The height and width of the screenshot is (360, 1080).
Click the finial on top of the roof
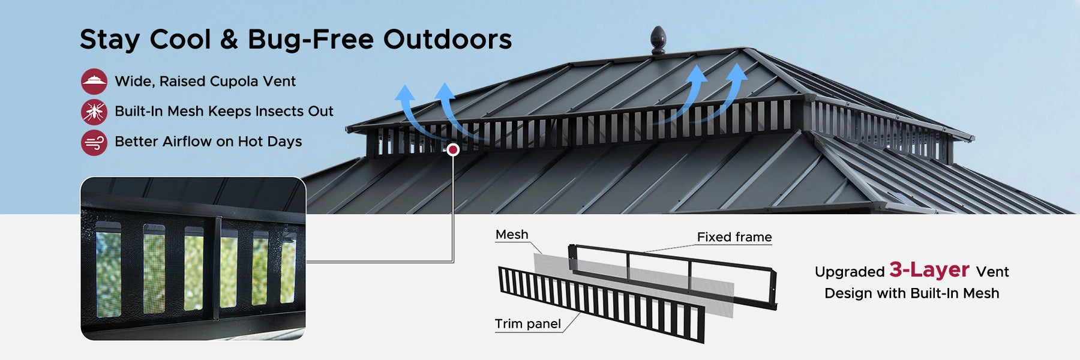click(x=658, y=40)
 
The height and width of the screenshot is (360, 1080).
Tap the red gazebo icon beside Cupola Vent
click(x=94, y=82)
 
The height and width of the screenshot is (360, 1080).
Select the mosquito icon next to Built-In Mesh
click(x=94, y=112)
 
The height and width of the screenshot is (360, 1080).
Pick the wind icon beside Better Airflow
click(x=94, y=142)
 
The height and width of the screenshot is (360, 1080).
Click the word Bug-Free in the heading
click(x=311, y=40)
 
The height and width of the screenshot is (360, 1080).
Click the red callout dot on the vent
click(x=454, y=149)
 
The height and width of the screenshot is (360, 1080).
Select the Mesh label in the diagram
click(x=512, y=235)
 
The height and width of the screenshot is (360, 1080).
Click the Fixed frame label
click(x=734, y=237)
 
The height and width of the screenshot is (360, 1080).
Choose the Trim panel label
click(x=527, y=324)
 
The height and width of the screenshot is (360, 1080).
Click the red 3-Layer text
click(x=929, y=269)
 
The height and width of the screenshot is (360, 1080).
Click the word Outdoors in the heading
click(x=448, y=40)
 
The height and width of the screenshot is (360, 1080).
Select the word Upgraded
click(x=850, y=272)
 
